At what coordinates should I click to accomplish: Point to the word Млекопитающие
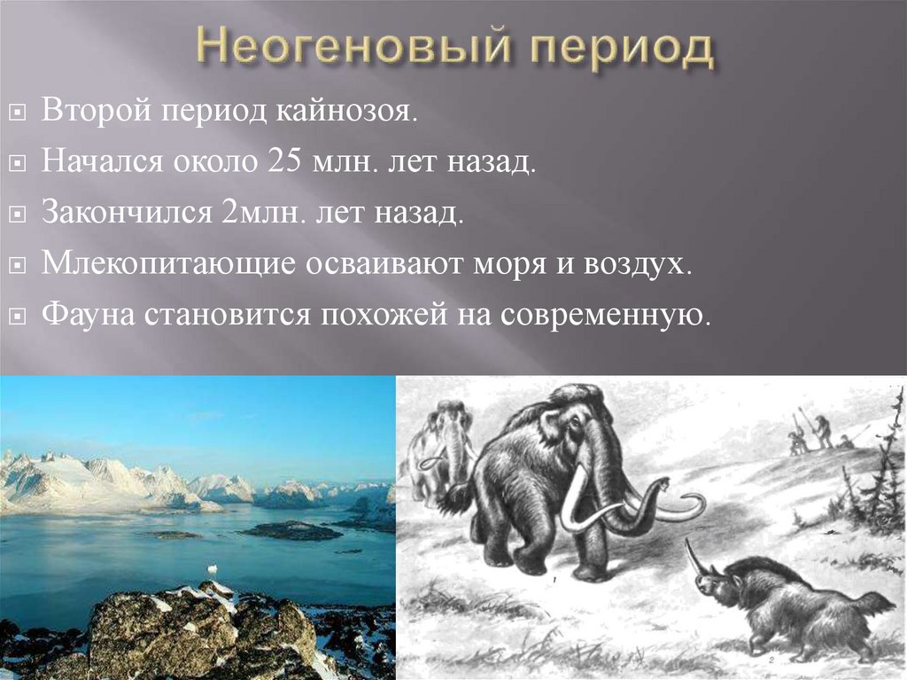click(x=159, y=264)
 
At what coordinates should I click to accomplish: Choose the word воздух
click(x=639, y=264)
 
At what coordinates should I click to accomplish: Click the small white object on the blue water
click(x=210, y=567)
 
